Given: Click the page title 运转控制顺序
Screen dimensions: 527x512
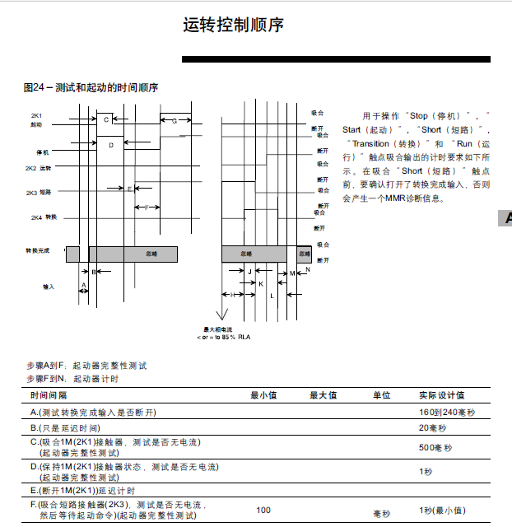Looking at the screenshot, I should (234, 26).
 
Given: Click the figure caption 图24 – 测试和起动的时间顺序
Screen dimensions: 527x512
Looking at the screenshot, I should (91, 87).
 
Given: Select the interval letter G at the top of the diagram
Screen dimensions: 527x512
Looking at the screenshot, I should (174, 121).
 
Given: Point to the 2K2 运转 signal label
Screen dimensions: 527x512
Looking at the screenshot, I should (39, 168).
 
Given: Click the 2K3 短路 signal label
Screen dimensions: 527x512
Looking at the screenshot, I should (39, 193).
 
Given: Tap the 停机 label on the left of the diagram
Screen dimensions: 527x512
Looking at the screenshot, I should (43, 152).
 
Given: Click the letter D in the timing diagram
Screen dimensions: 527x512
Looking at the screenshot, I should (111, 145).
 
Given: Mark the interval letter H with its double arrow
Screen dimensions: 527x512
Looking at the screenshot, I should (233, 294).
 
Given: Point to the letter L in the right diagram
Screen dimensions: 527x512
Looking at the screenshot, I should (272, 294).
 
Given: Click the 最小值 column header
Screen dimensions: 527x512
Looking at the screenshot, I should (263, 396).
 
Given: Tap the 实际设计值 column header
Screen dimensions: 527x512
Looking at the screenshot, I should (442, 396).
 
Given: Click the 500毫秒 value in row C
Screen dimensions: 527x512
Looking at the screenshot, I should (436, 447).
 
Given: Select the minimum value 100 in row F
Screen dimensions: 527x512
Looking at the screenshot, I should (263, 511).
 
